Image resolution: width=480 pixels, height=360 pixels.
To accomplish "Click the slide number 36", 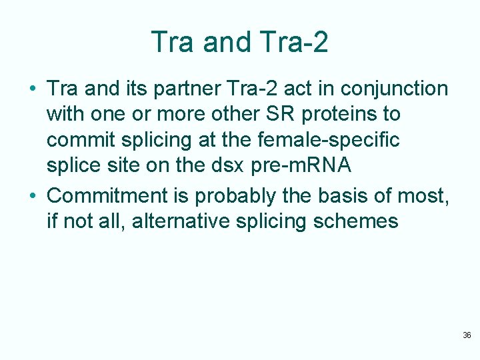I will [467, 335].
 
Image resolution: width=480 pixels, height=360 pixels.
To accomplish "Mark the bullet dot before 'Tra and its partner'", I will [32, 89].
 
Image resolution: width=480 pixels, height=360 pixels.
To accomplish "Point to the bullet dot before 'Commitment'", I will [32, 197].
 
